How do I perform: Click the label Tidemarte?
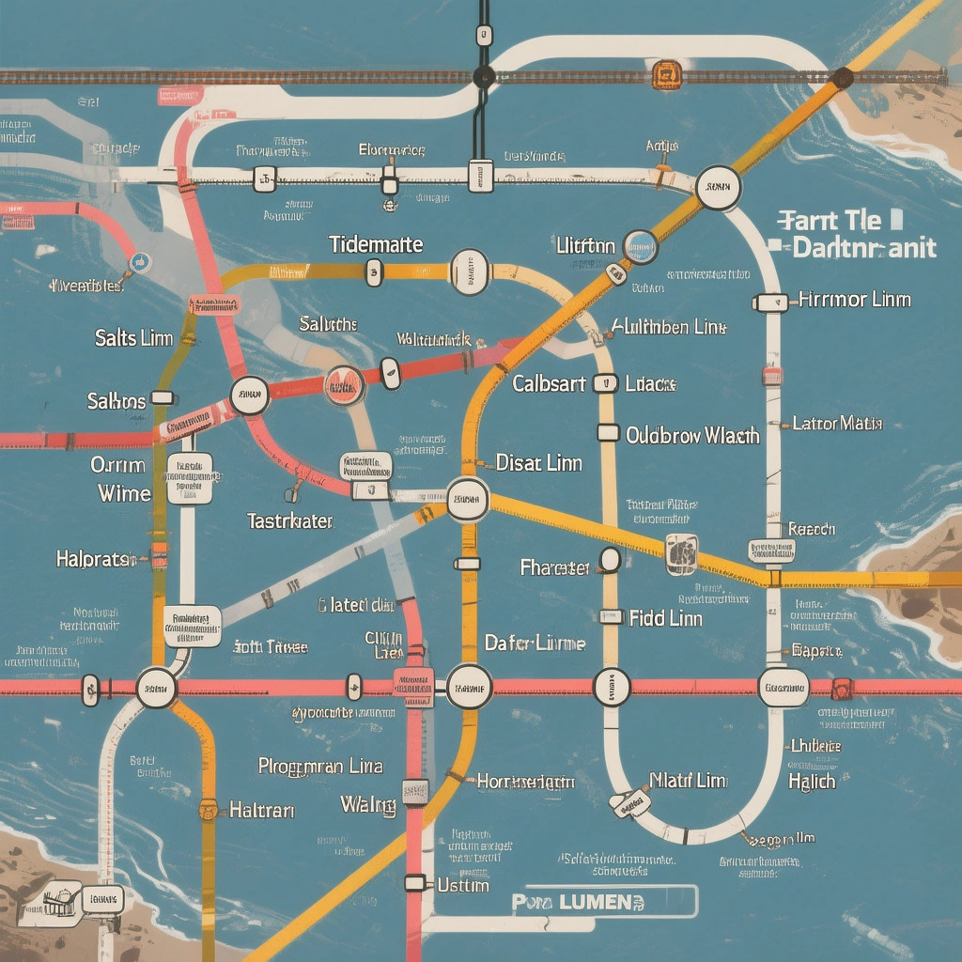[x=376, y=245]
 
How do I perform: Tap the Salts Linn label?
[x=133, y=337]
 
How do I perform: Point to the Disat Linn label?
[x=538, y=463]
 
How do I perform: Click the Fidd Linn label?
[x=659, y=617]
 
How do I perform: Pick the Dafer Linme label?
[x=535, y=644]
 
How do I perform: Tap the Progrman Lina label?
[x=320, y=766]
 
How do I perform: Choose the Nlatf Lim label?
[x=689, y=781]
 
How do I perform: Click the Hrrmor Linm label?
[x=854, y=300]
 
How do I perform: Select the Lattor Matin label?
[x=837, y=424]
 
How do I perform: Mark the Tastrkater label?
[x=290, y=520]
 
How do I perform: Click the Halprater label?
[x=97, y=559]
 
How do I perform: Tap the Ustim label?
[x=463, y=885]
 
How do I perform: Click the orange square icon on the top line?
[x=666, y=74]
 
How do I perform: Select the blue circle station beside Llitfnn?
[x=641, y=247]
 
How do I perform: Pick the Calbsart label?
[x=550, y=383]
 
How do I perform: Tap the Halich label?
[x=812, y=781]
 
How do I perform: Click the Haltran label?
[x=262, y=809]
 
